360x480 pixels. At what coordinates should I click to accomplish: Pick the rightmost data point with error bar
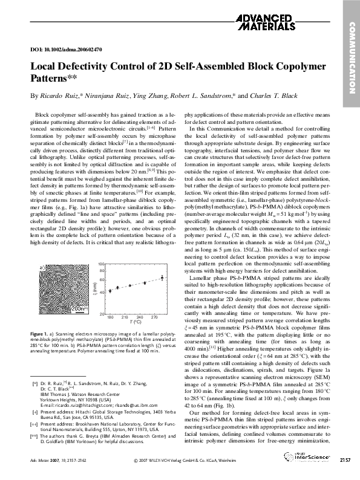coord(162,277)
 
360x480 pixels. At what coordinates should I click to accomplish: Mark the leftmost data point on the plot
coord(110,291)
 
